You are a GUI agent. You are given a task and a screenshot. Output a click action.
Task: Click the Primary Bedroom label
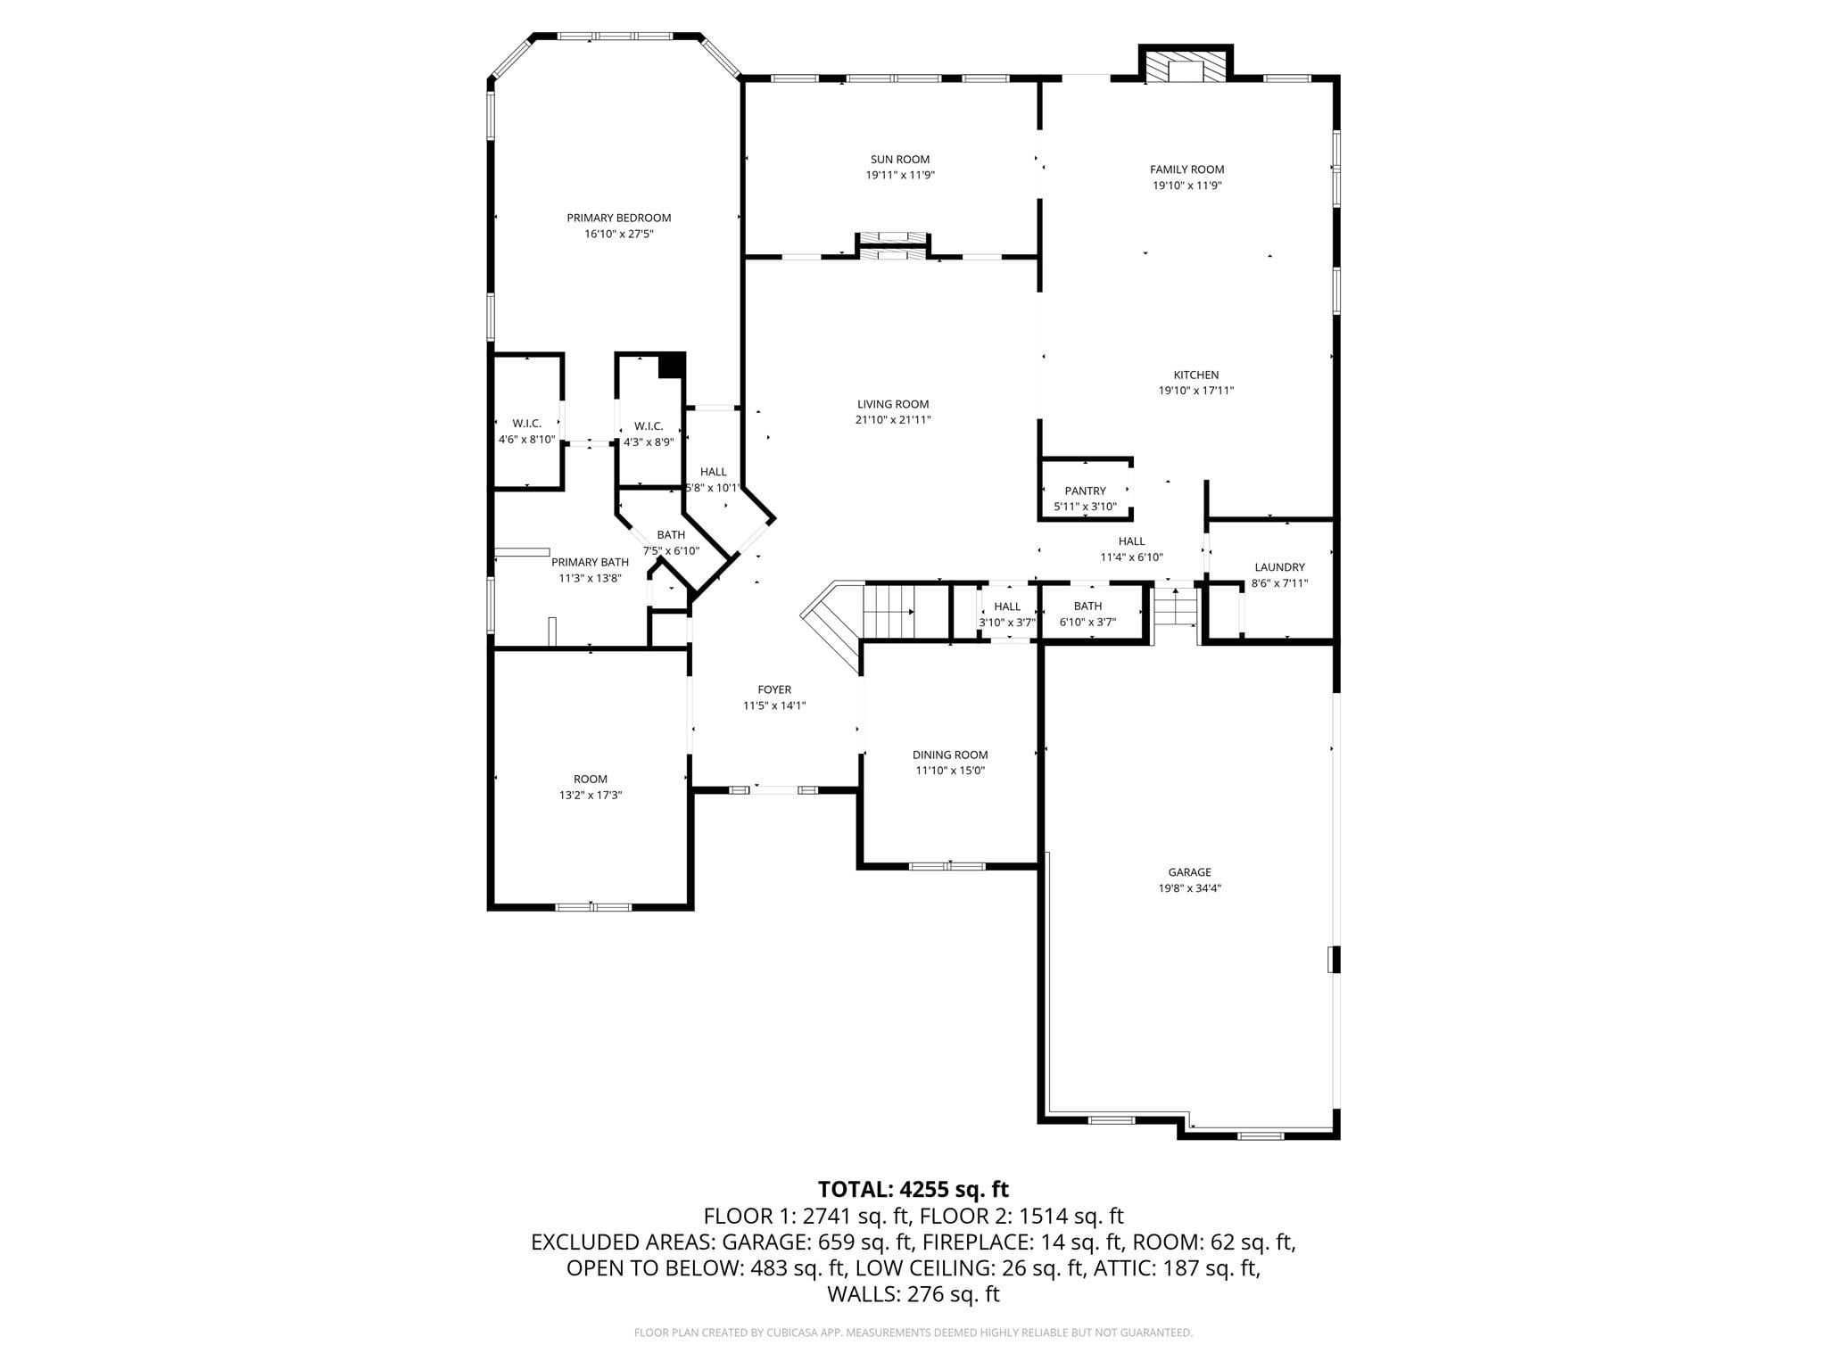(618, 218)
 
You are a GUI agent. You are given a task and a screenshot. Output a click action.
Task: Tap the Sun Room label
(900, 160)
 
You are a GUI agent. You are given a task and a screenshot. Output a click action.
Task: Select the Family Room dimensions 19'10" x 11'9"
(1186, 186)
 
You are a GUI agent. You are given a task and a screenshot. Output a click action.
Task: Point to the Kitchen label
(1195, 375)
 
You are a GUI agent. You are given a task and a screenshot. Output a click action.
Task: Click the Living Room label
(893, 404)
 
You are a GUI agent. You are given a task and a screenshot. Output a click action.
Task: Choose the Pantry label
(1085, 491)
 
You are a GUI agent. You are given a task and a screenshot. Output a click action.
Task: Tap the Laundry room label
(1279, 567)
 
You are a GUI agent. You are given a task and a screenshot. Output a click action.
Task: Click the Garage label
(1190, 872)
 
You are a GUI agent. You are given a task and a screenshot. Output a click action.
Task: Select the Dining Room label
(950, 755)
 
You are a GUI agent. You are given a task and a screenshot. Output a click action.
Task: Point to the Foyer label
(774, 689)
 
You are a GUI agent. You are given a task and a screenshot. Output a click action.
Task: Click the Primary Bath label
(590, 562)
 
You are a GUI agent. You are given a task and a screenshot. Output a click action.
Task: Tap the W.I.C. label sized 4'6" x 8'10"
(526, 424)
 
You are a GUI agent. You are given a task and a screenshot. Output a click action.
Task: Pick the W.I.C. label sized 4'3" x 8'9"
(649, 426)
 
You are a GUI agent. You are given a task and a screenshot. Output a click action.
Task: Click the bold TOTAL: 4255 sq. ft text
(913, 1189)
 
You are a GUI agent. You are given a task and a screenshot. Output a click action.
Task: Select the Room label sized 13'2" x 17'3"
(591, 779)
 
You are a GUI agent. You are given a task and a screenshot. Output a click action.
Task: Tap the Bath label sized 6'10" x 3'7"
(1087, 607)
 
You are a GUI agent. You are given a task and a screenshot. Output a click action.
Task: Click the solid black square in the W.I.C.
(671, 366)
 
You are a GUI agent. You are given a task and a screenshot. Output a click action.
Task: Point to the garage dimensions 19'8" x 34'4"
(1190, 888)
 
